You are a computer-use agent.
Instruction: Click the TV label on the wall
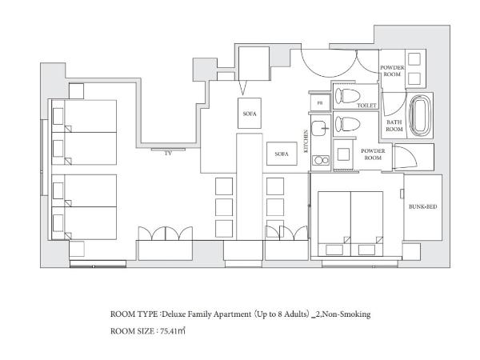tap(168, 154)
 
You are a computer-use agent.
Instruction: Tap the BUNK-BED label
tap(422, 206)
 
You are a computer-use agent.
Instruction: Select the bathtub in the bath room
tap(420, 116)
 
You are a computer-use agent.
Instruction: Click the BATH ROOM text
tap(394, 126)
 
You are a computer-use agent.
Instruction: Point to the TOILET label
tap(366, 106)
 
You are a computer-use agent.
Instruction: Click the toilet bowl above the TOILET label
tap(347, 96)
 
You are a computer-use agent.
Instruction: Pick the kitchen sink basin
tap(319, 128)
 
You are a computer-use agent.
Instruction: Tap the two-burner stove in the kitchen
tap(321, 160)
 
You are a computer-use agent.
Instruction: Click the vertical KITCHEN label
tap(306, 142)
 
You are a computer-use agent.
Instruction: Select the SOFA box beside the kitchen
tap(282, 154)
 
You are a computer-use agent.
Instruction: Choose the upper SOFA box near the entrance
tap(250, 114)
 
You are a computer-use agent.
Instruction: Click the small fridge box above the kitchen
tap(320, 103)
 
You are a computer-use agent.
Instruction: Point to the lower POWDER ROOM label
tap(373, 154)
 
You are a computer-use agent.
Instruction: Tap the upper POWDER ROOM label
tap(392, 70)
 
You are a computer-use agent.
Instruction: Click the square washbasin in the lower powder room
tap(343, 154)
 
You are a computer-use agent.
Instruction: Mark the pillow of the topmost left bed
tap(58, 116)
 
